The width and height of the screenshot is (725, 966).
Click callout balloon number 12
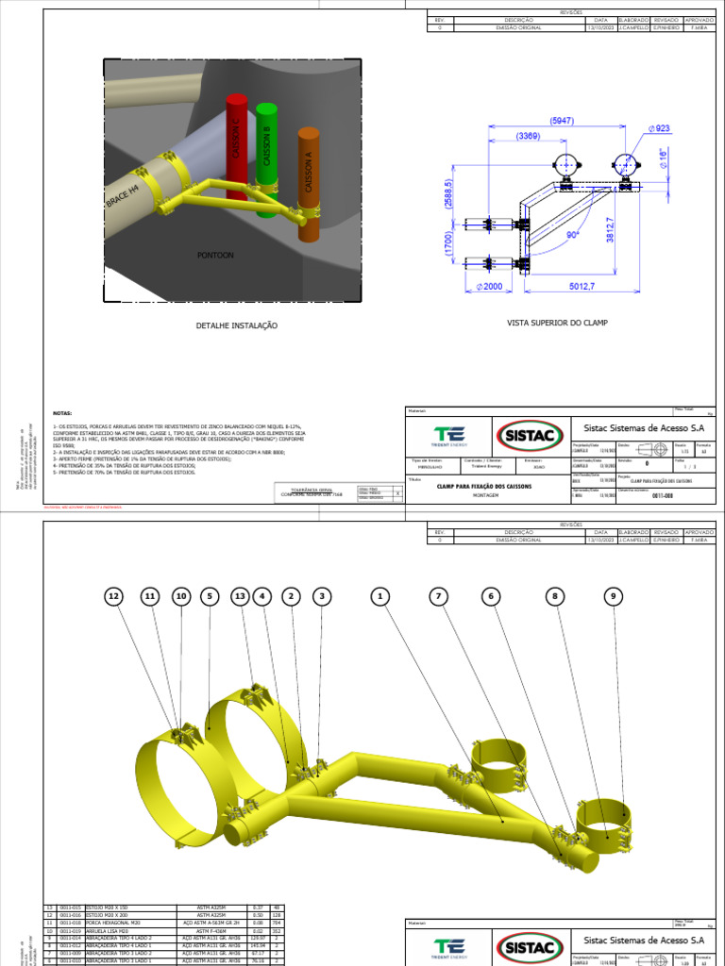114,596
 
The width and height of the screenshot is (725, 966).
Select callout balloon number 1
380,596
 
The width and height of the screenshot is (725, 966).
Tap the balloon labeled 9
615,596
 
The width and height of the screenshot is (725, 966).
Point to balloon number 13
240,596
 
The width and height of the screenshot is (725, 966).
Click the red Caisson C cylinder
236,146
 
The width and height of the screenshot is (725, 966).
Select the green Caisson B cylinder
266,156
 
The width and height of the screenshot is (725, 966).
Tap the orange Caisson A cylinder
308,179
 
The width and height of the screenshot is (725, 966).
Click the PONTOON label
215,255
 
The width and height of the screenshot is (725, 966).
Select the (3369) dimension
528,137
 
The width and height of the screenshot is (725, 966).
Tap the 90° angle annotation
571,234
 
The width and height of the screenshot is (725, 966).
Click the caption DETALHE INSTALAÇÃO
236,325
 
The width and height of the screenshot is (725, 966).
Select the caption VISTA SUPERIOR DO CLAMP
557,323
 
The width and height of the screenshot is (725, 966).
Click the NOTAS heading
62,413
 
